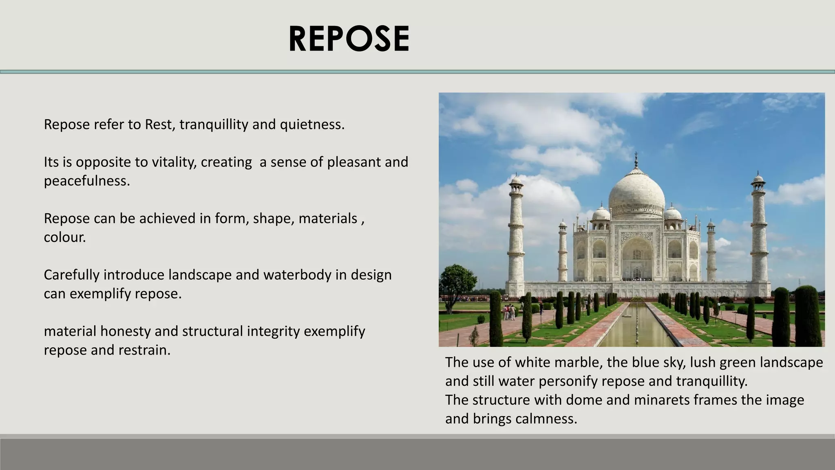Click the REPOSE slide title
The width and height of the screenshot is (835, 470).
pyautogui.click(x=349, y=39)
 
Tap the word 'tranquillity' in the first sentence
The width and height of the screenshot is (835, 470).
pyautogui.click(x=214, y=124)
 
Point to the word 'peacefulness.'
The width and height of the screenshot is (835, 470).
pyautogui.click(x=87, y=181)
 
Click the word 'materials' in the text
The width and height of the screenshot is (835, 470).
pyautogui.click(x=328, y=219)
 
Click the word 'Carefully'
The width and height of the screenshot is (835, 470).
pyautogui.click(x=71, y=275)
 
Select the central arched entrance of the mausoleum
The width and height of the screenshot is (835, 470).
pyautogui.click(x=636, y=261)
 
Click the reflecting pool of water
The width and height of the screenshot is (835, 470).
pyautogui.click(x=634, y=326)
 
